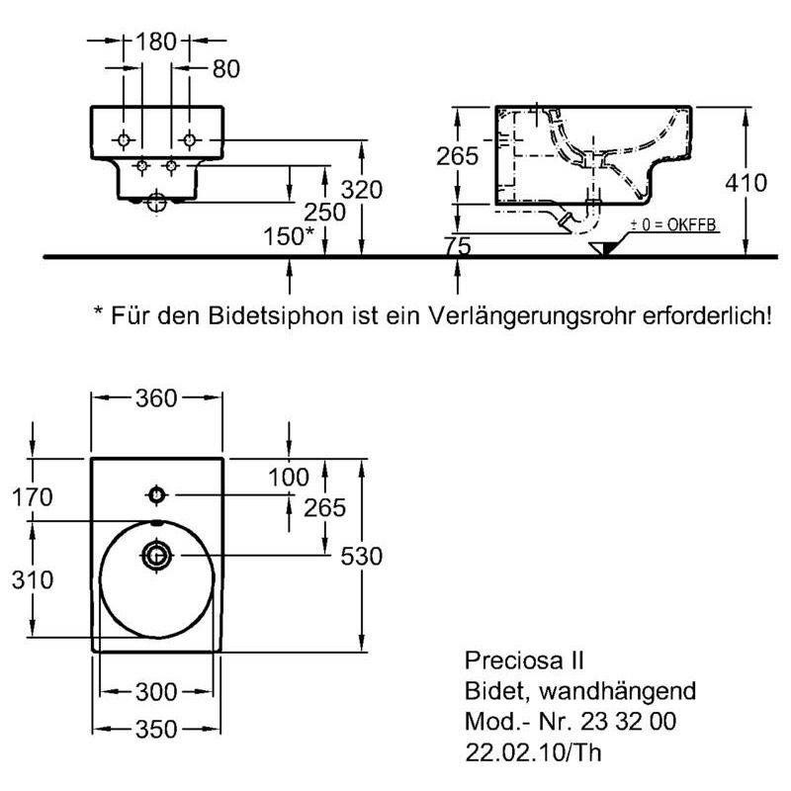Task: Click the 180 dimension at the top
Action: [x=156, y=42]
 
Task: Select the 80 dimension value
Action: [x=226, y=69]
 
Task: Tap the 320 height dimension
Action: [x=362, y=190]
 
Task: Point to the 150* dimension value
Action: [x=289, y=236]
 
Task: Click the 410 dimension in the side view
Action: [x=747, y=183]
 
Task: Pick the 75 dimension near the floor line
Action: [x=458, y=246]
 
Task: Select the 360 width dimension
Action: [x=156, y=398]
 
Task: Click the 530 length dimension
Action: [x=362, y=557]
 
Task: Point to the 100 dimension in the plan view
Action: [x=289, y=478]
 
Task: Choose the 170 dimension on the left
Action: [x=33, y=497]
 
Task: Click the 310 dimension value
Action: [x=33, y=580]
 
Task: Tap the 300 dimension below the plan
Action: [x=156, y=691]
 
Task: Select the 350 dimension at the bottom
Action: [x=156, y=730]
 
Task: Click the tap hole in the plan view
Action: [x=156, y=495]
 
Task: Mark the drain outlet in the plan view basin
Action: [x=157, y=556]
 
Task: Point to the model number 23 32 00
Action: [x=628, y=722]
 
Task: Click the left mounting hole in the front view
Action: [x=124, y=139]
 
